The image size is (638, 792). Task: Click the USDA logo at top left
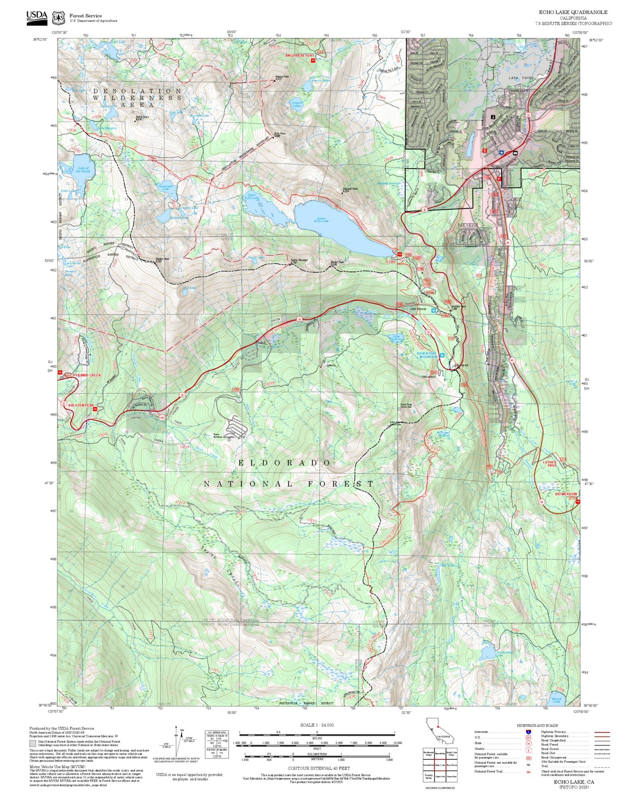pos(37,16)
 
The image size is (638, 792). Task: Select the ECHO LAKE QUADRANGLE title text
pos(573,12)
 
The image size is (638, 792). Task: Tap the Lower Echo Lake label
pos(321,219)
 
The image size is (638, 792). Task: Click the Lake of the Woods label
pos(83,170)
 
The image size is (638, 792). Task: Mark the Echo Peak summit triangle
pos(273,137)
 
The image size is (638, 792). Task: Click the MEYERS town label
pos(468,225)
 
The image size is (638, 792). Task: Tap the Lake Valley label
pos(521,78)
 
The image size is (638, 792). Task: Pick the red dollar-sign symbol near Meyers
pos(484,151)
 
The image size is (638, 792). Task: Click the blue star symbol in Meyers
pos(502,152)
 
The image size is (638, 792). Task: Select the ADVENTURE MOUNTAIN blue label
pos(427,355)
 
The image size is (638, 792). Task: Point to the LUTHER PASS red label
pos(549,464)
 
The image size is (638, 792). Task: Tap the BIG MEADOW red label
pos(566,494)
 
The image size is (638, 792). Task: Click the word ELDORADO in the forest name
pos(284,463)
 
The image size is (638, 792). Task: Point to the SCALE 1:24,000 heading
pos(317,725)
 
